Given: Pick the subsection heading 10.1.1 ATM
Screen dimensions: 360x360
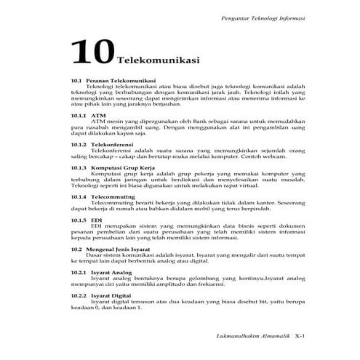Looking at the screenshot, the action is pos(90,115).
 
